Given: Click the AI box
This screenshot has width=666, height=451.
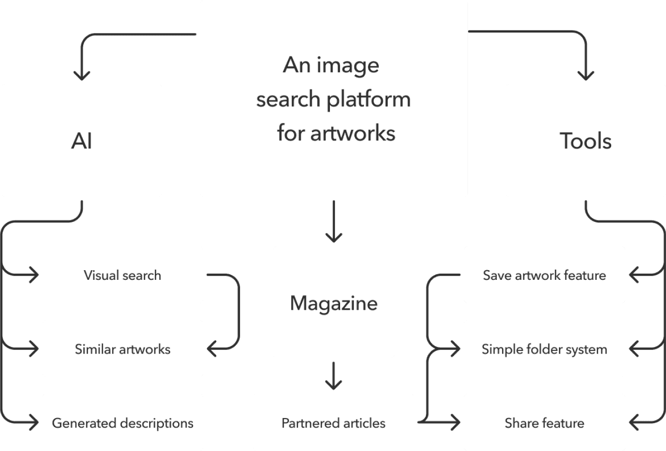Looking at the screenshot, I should click(81, 141).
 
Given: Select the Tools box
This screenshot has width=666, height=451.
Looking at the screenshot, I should click(585, 141).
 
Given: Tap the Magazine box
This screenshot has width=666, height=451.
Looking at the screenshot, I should click(334, 303).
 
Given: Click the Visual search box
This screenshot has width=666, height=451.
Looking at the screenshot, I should click(122, 275).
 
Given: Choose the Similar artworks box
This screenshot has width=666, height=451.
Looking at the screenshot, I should click(122, 349).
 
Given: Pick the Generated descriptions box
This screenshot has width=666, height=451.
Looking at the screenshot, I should click(122, 423).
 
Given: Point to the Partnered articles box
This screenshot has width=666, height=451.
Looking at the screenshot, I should click(334, 423).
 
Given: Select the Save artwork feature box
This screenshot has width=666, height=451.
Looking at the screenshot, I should click(544, 275).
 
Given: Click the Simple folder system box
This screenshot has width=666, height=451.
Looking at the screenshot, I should click(544, 349).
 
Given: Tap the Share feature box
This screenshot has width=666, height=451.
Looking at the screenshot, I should click(544, 423).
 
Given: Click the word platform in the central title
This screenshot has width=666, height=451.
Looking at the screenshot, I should click(369, 100).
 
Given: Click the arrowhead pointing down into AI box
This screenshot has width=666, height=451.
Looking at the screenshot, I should click(82, 75).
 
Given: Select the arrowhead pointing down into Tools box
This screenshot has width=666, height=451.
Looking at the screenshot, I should click(586, 75).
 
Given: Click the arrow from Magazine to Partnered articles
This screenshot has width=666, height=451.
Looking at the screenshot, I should click(334, 376).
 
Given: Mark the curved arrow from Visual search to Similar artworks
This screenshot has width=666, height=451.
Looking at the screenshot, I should click(238, 312).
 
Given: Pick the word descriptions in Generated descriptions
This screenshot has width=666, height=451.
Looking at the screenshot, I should click(157, 423).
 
